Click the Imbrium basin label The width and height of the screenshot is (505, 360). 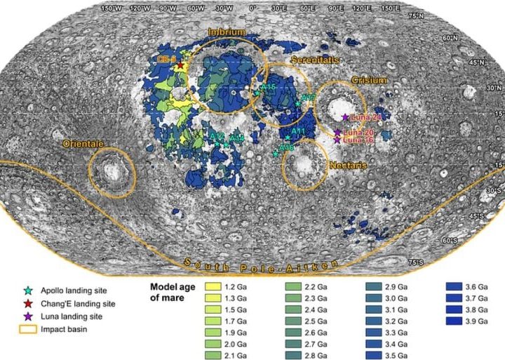click(226, 32)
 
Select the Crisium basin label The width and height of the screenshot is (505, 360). click(369, 80)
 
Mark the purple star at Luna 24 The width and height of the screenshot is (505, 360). click(344, 117)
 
